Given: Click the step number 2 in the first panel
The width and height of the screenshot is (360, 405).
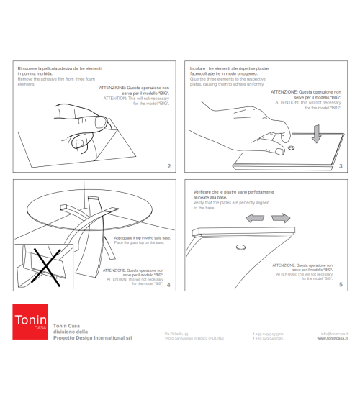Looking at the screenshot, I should tap(168, 166).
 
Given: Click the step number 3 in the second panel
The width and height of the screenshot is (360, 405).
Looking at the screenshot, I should tap(340, 166).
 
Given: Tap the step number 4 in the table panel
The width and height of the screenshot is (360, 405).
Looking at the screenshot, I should tap(168, 285).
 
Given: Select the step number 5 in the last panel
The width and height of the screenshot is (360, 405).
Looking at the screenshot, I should tap(340, 285).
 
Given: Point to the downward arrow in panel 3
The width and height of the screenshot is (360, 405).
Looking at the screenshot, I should tap(315, 132).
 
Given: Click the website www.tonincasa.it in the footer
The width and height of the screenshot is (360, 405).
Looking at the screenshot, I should tap(332, 338).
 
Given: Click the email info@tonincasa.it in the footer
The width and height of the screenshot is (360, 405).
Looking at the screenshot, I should tap(333, 333).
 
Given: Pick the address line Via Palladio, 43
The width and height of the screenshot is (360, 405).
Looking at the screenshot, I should tap(176, 333).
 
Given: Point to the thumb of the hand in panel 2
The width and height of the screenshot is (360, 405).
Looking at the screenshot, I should tap(85, 117).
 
